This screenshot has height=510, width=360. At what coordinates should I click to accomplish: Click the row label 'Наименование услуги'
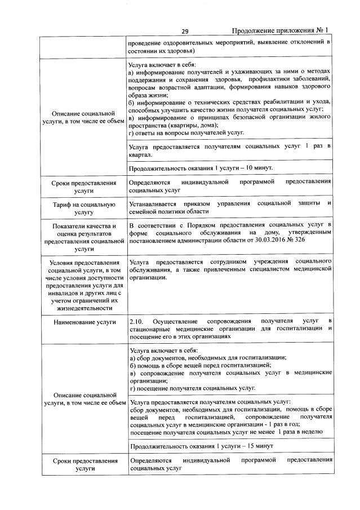(83, 322)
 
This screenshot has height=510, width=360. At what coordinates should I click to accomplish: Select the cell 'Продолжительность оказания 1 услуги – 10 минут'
(201, 168)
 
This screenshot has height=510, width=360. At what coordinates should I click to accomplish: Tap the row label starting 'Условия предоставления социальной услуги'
(83, 285)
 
